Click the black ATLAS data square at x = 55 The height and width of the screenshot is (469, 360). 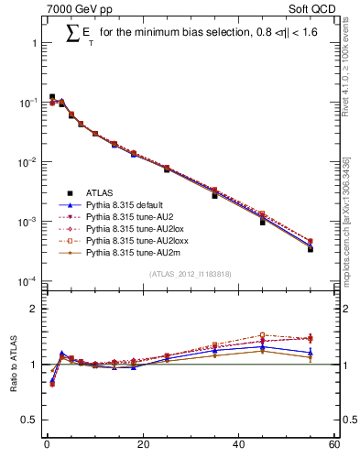[310, 248]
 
